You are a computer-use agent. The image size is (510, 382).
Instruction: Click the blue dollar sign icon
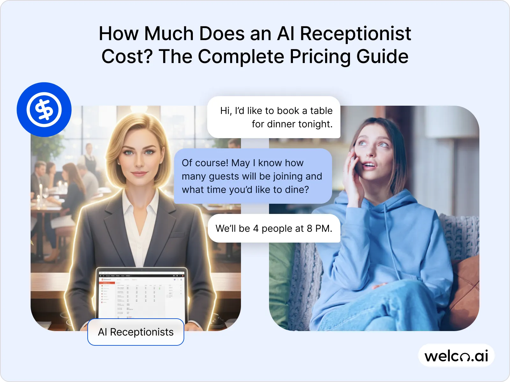44,110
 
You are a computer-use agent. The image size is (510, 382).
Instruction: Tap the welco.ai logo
456,356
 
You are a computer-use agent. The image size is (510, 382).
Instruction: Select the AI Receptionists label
136,332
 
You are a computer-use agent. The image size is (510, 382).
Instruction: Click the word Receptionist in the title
355,33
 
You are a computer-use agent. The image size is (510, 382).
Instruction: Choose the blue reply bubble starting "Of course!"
253,176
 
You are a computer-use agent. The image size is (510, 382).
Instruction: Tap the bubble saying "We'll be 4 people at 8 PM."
274,228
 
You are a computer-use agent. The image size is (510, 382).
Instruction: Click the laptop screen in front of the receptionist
142,294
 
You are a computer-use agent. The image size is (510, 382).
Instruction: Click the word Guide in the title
382,57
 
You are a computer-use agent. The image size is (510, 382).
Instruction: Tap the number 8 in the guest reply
310,229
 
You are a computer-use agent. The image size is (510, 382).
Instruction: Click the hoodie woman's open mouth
370,165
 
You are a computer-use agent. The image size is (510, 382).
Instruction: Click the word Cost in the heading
127,57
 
